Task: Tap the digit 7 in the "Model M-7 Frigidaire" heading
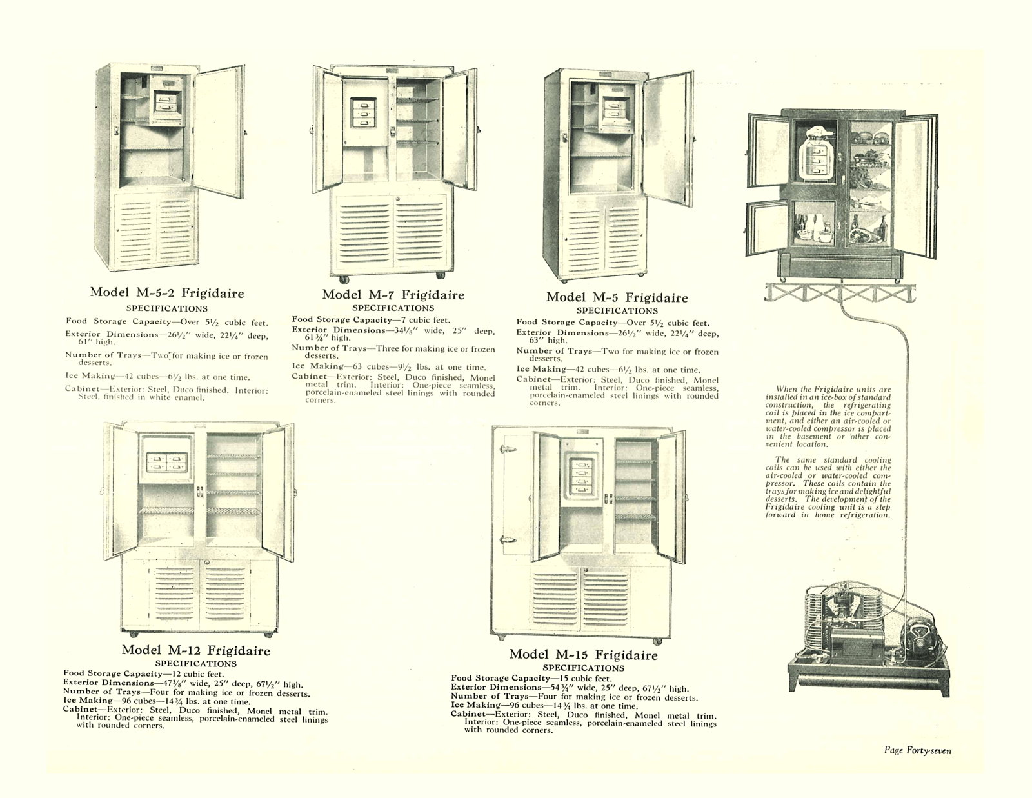click(392, 295)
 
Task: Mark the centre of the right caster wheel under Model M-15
click(657, 642)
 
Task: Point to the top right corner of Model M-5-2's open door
click(244, 66)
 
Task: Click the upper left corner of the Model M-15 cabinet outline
click(492, 427)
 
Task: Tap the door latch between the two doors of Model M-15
click(608, 499)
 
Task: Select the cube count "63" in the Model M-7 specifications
click(357, 366)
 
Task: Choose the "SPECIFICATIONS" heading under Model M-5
click(617, 311)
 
